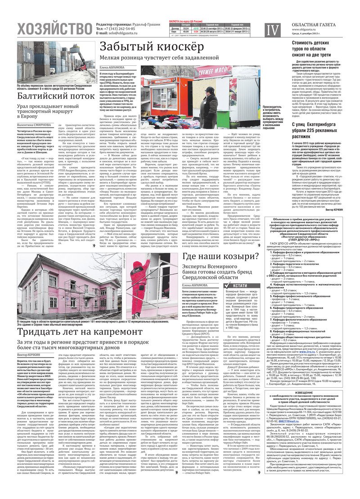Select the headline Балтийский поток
pos(51,96)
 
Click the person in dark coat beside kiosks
pos(211,104)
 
